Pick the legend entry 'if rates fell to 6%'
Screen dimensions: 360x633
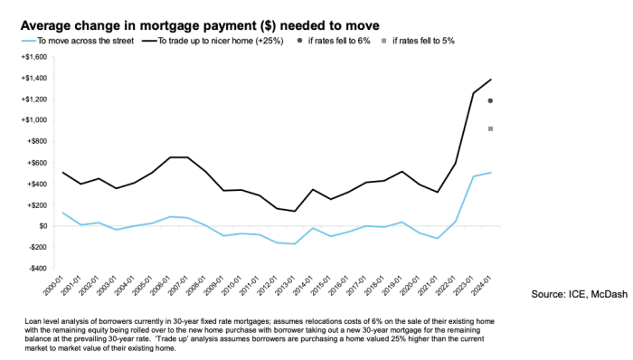(335, 43)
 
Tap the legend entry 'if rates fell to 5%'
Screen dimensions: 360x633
(425, 43)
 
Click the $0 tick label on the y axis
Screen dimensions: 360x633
(37, 226)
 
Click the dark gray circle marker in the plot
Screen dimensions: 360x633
(489, 100)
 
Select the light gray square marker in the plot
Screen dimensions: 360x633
(489, 128)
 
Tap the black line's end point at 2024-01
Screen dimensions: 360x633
(490, 80)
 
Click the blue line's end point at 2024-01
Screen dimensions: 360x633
(490, 172)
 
